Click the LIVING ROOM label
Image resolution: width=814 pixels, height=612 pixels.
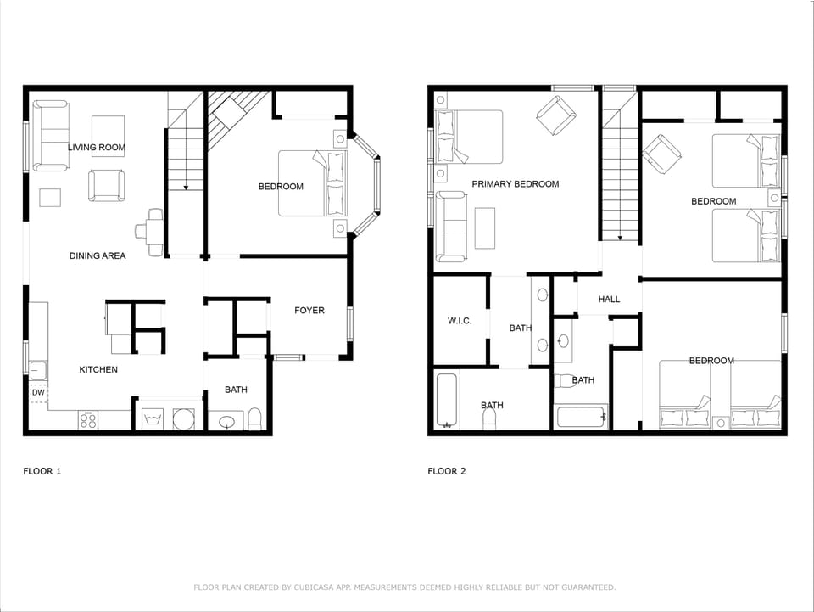97,148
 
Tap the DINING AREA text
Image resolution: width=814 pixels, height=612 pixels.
98,255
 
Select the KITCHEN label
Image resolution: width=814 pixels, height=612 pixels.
98,369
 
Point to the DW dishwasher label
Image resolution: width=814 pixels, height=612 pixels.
38,393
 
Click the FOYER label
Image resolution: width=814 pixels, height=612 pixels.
309,311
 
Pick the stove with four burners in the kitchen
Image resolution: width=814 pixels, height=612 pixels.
89,419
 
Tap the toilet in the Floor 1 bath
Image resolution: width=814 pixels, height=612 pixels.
254,418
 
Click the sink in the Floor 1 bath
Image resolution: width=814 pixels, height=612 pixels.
226,420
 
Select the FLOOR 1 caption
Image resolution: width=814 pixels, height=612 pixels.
42,471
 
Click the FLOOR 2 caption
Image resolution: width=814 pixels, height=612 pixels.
447,471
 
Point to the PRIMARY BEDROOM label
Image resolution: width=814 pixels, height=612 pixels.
515,184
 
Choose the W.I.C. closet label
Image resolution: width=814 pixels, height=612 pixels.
459,321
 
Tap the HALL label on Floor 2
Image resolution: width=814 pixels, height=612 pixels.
609,300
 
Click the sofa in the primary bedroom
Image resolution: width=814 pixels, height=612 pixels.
450,227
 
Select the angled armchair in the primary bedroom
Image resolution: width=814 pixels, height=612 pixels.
555,115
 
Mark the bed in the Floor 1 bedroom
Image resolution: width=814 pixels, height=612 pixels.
312,183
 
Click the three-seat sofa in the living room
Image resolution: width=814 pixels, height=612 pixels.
51,136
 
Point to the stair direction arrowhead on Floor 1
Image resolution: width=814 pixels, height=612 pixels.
186,186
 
